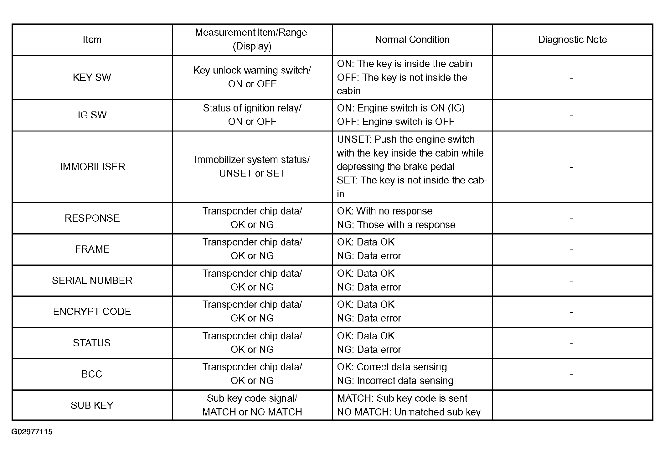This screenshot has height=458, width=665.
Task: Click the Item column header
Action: coord(92,40)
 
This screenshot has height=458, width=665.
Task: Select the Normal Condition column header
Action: coord(412,40)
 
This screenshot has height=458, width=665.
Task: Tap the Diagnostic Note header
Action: coord(572,40)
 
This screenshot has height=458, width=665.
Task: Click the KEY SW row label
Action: coord(92,77)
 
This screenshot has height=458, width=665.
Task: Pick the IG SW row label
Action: coord(92,115)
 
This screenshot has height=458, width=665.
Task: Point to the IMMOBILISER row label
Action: coord(92,167)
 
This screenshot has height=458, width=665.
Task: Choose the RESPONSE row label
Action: coord(92,218)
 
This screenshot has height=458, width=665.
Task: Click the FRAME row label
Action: coord(92,249)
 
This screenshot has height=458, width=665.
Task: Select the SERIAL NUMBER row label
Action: coord(92,280)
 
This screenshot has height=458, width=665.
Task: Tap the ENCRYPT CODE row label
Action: coord(92,311)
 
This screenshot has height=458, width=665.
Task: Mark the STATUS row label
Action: coord(92,343)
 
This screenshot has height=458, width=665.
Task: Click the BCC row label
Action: coord(92,374)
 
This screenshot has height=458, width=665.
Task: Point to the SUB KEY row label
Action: coord(92,405)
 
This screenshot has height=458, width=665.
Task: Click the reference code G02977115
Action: coord(32,432)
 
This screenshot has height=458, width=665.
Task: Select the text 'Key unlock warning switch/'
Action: coord(252,70)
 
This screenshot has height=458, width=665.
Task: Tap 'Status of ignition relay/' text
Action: coord(252,108)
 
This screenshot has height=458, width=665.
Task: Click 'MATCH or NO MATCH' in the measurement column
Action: coord(252,412)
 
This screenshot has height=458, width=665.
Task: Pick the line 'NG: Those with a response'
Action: coord(396,225)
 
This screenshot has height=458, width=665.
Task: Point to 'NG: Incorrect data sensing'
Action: coord(395,381)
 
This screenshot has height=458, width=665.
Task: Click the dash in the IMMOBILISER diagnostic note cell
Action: coord(571,167)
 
